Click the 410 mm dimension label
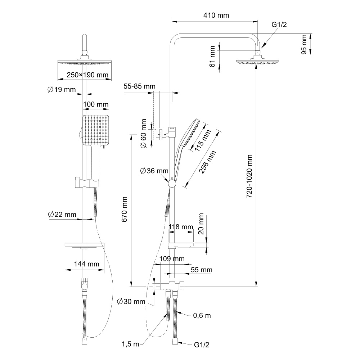pos(216,15)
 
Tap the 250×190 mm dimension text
pos(87,75)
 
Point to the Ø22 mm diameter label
pos(62,215)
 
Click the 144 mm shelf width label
pos(86,264)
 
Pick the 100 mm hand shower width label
pos(95,104)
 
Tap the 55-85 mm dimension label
pos(139,86)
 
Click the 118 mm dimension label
pos(181,227)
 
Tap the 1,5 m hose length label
pos(130,344)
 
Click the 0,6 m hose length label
pos(202,316)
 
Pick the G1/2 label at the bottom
pos(202,345)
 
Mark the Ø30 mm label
pos(131,301)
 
